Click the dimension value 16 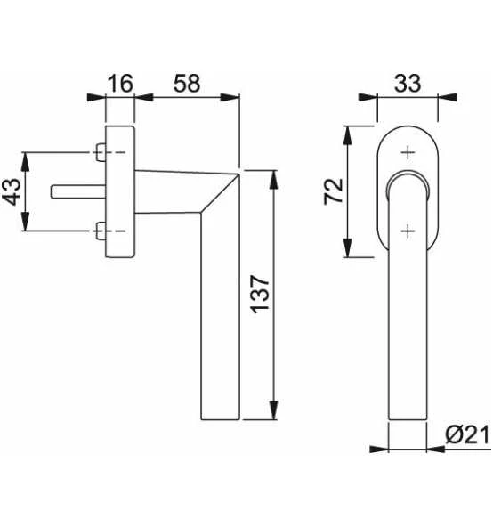point(120,84)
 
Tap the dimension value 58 point(187,84)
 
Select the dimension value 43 point(12,191)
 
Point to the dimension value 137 point(261,295)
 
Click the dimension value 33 point(408,84)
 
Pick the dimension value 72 point(334,191)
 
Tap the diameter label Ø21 point(467,435)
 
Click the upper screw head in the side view point(101,152)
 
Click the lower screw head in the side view point(101,231)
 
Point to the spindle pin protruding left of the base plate point(78,191)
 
